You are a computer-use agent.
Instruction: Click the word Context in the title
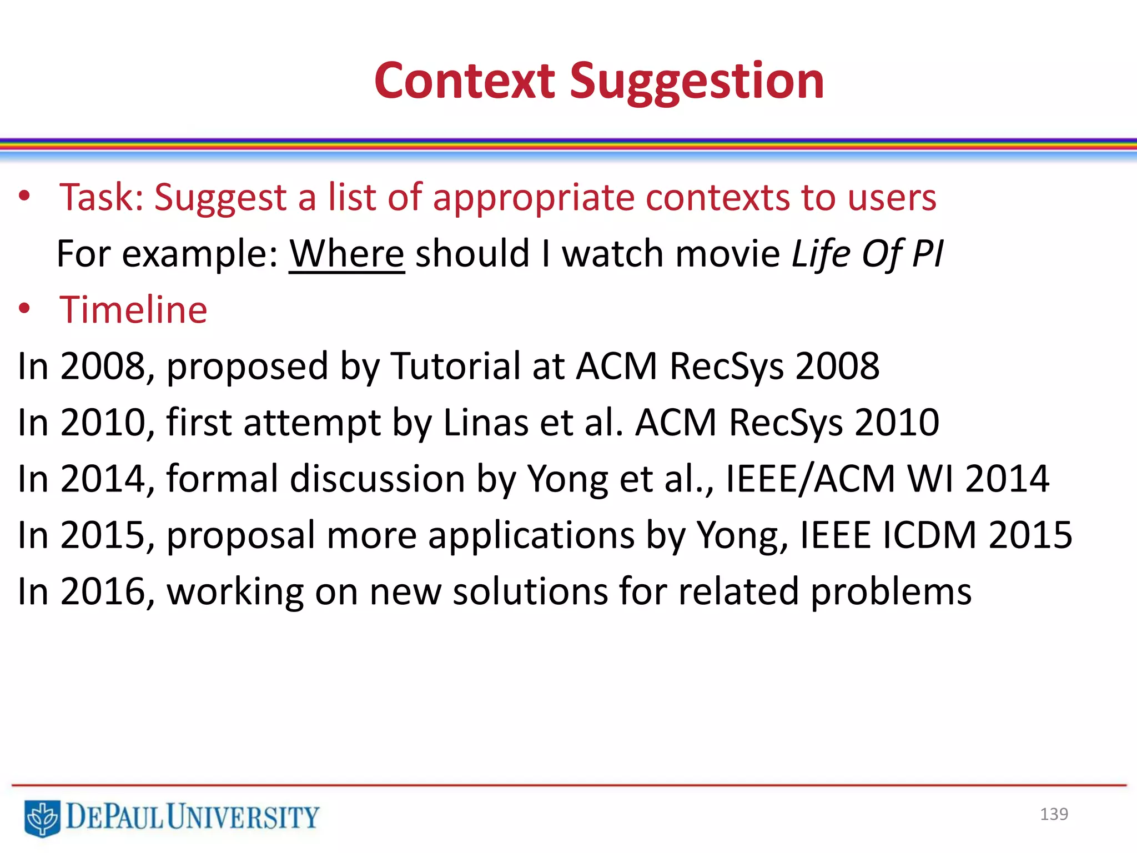(465, 81)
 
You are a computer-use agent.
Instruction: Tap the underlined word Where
(346, 254)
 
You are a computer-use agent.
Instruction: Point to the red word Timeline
(133, 309)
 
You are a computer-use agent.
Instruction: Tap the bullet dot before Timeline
(24, 309)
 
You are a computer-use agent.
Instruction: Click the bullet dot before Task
(24, 197)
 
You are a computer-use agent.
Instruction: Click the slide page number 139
(1054, 814)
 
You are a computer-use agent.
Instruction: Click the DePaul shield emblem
(42, 818)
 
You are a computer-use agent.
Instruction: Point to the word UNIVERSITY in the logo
(243, 817)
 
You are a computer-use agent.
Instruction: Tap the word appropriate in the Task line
(533, 198)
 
